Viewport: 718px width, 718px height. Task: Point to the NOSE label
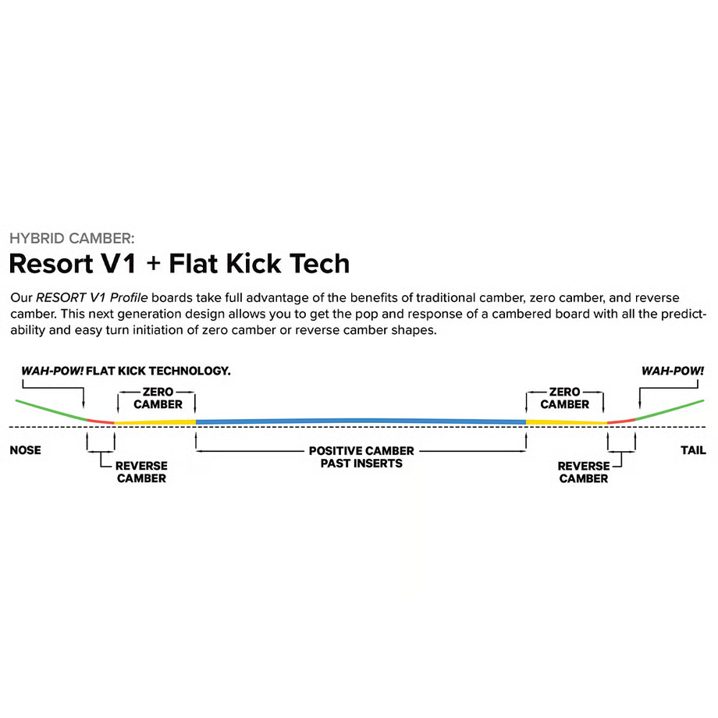coord(25,450)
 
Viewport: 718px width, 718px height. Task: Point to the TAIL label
coord(692,450)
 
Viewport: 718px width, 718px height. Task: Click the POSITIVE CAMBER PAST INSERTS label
coord(361,457)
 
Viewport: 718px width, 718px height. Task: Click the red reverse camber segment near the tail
coord(620,421)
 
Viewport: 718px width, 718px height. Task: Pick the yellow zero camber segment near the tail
coord(566,422)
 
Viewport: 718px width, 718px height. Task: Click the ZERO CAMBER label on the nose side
coord(158,398)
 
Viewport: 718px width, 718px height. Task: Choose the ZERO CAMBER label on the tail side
coord(564,398)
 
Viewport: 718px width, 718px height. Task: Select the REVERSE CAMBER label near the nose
coord(141,471)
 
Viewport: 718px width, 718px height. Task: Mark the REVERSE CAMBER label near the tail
coord(583,472)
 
